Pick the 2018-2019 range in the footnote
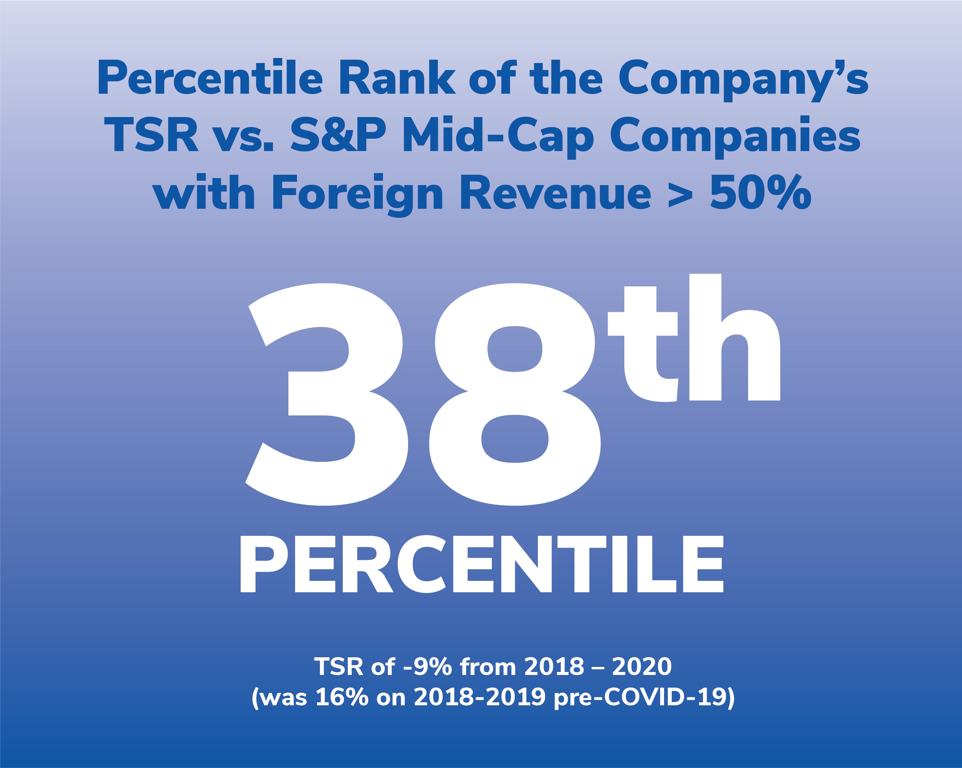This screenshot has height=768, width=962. [479, 698]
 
